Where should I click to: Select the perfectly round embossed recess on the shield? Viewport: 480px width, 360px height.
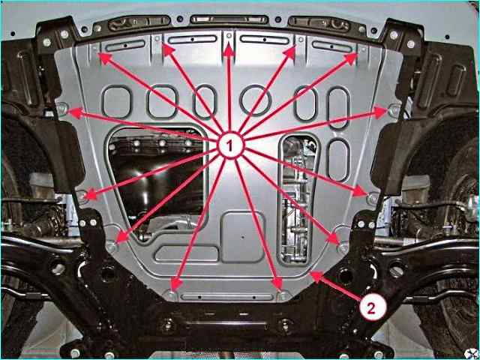[255, 100]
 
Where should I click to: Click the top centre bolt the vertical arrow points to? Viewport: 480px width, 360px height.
[229, 36]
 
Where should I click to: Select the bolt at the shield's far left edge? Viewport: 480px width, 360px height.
[62, 108]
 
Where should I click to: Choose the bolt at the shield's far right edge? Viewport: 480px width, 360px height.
[394, 109]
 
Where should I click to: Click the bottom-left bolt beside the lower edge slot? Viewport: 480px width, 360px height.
[172, 295]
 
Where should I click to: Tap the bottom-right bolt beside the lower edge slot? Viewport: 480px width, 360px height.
[283, 295]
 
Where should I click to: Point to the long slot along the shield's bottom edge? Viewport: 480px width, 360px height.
[226, 297]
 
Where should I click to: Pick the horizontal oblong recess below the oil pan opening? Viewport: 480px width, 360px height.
[186, 253]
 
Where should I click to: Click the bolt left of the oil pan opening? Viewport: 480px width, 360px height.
[82, 195]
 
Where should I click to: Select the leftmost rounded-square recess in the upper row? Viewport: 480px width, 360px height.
[117, 102]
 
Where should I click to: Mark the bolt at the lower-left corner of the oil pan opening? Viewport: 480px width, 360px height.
[112, 246]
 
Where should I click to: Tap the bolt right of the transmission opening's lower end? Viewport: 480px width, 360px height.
[343, 247]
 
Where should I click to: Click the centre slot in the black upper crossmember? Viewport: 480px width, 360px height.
[229, 19]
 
